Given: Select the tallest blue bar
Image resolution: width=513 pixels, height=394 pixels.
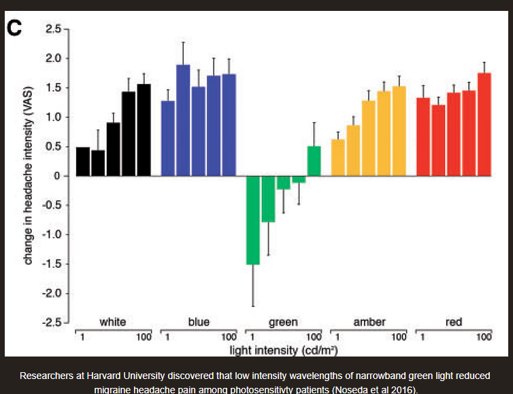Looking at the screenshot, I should tap(183, 120).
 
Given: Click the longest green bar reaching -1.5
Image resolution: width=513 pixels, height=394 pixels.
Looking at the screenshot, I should tap(253, 219).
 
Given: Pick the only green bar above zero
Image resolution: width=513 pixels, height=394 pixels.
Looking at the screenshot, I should tap(314, 161).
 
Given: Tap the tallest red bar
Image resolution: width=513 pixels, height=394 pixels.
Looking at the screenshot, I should tap(484, 124).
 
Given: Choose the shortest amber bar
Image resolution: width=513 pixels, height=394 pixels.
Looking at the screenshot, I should tap(337, 157).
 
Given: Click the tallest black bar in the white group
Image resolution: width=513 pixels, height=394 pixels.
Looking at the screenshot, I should tap(144, 130).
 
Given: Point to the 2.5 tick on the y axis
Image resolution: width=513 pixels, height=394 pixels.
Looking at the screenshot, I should tap(52, 29).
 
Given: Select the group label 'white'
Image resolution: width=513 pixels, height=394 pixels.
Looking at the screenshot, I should tap(112, 322).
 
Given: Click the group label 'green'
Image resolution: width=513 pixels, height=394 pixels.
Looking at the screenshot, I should tap(283, 322).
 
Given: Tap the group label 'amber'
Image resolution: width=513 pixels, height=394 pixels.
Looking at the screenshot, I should tap(369, 322).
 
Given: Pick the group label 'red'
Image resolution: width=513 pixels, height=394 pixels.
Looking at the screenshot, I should tap(454, 322).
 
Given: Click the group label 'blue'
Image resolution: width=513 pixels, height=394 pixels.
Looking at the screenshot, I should tap(198, 322).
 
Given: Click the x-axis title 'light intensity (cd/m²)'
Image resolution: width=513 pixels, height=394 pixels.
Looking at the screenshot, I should tap(283, 350).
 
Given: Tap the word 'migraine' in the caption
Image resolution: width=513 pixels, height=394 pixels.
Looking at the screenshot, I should tap(116, 389).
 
